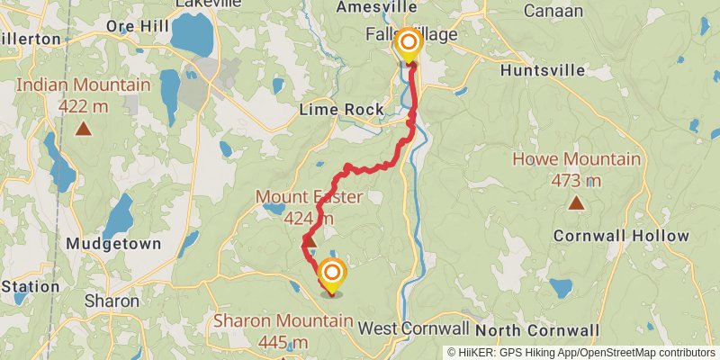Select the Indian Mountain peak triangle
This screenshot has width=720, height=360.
point(84,129)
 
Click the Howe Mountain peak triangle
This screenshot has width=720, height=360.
point(576,202)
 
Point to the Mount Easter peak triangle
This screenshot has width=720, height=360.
point(309,240)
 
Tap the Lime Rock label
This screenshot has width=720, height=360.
point(342,110)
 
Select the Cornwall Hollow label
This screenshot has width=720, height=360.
point(621,237)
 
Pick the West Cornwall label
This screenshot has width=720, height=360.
point(414,328)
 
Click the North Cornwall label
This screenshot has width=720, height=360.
point(538,329)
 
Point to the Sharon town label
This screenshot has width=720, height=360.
point(112,301)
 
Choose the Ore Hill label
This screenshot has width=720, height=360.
point(132,26)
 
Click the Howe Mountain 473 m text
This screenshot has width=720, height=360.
point(576,170)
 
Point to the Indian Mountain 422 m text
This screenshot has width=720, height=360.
point(84,95)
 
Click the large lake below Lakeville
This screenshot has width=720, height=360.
point(190,34)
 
